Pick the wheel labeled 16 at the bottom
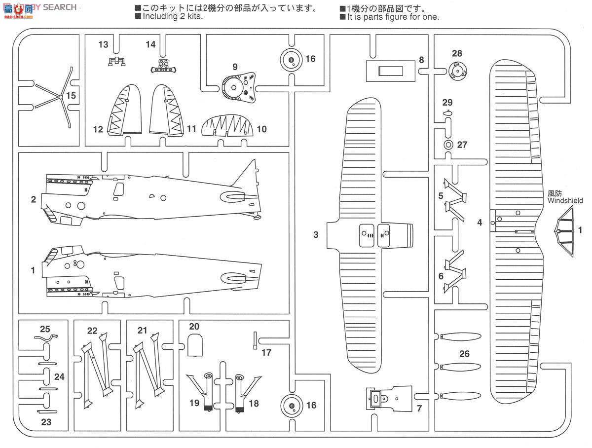tap(291, 406)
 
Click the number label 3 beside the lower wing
tap(316, 235)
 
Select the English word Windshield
tap(565, 201)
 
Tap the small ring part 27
tap(448, 145)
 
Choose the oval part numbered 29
tap(447, 113)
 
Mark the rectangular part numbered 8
tap(390, 71)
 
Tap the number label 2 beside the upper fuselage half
tap(33, 199)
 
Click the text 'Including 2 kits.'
tap(173, 16)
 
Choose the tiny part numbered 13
tap(116, 61)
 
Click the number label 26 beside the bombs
tap(464, 354)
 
